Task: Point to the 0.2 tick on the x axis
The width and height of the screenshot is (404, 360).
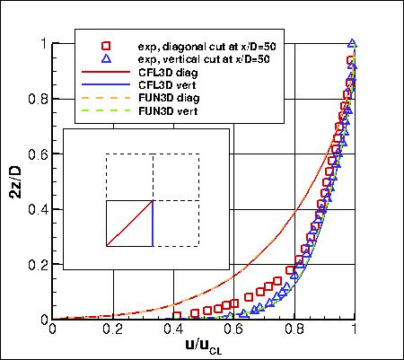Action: tap(113, 329)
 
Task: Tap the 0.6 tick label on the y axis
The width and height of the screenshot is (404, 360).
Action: tap(39, 154)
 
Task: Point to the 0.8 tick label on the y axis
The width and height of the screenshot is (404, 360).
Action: tap(39, 98)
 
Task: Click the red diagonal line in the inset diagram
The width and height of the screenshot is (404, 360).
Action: tap(130, 223)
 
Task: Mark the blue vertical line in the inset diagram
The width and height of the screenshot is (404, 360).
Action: tap(153, 223)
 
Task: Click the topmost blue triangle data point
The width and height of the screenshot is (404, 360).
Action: tap(353, 43)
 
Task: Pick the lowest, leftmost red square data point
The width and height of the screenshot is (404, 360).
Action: tap(178, 316)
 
